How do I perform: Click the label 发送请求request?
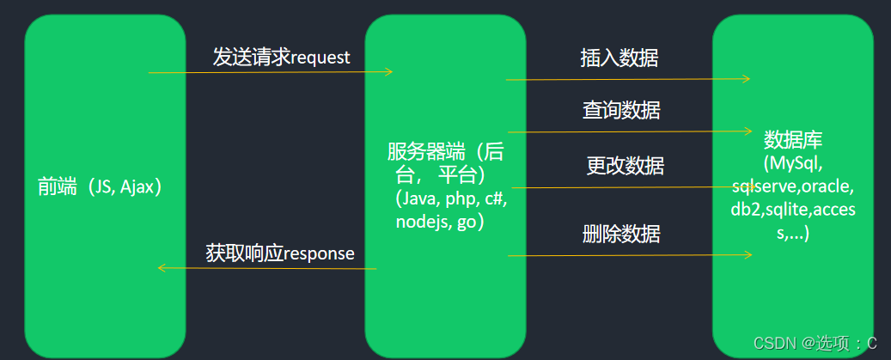(281, 58)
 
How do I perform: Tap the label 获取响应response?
(280, 253)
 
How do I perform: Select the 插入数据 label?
(619, 58)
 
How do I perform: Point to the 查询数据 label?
(621, 110)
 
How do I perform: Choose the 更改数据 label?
(625, 165)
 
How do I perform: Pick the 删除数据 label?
(621, 233)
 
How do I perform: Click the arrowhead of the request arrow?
(388, 72)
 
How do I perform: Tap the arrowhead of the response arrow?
(162, 268)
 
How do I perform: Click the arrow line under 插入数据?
(627, 79)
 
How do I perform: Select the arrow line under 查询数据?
(627, 132)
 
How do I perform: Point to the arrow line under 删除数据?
(627, 255)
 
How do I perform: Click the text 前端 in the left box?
(57, 187)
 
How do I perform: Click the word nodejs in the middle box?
(420, 222)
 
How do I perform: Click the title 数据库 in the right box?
(793, 140)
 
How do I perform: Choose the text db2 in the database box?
(746, 210)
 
